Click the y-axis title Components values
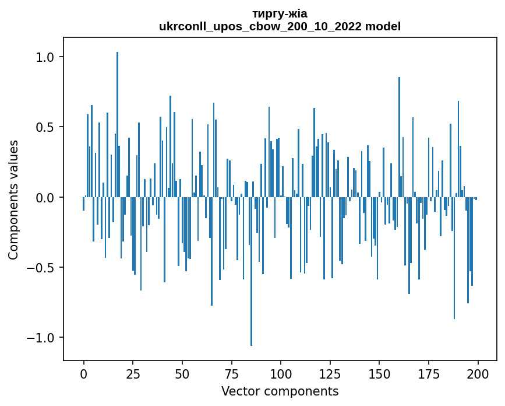(x=13, y=199)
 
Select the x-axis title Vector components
(x=280, y=391)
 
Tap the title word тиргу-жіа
(x=280, y=13)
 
